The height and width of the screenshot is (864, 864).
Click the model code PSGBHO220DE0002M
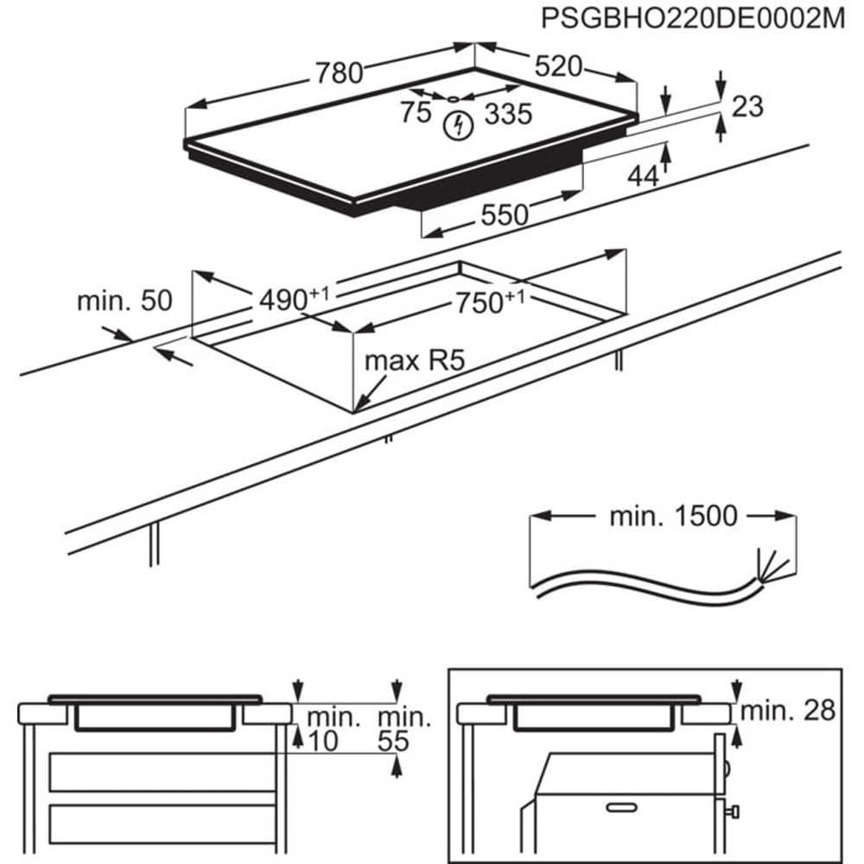coord(692,19)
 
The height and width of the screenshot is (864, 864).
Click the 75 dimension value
coord(415,112)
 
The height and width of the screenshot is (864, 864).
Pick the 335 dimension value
coord(507,113)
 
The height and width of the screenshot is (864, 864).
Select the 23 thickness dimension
coord(748,106)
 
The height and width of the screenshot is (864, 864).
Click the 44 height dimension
coord(643,175)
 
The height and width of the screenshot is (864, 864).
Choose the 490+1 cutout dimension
coord(294,299)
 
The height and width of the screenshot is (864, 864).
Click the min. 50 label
coord(124,301)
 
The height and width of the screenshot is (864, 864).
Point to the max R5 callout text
coord(415,359)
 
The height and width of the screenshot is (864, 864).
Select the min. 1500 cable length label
coord(674,517)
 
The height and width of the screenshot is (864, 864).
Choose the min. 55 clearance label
coord(403,728)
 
